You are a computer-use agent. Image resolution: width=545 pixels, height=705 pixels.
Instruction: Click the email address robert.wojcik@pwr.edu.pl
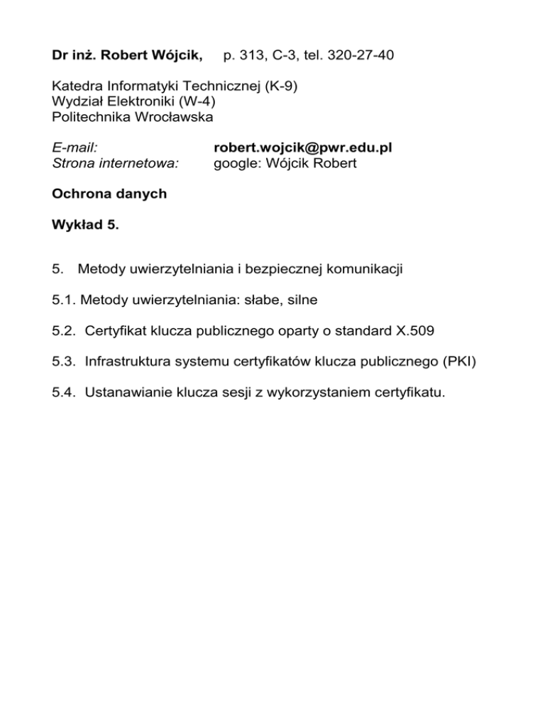click(x=303, y=148)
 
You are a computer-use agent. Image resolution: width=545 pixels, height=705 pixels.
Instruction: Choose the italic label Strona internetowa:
click(x=115, y=164)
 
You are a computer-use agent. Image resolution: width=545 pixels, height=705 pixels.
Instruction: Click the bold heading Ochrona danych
click(x=110, y=194)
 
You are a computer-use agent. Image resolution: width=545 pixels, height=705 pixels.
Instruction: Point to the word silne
click(x=300, y=300)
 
